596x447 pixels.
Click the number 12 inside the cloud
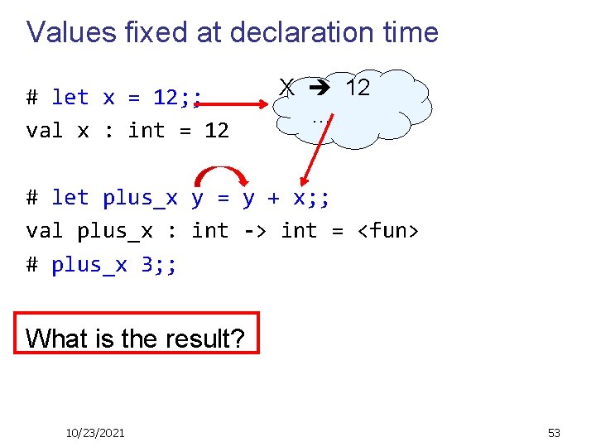[357, 87]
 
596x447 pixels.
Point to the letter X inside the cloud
[286, 87]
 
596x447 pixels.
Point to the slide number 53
[554, 432]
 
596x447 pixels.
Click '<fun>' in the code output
[387, 231]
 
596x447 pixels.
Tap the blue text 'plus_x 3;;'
[113, 265]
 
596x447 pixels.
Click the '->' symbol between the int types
[254, 231]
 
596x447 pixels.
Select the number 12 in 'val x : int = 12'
[216, 131]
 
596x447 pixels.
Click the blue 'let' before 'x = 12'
[70, 98]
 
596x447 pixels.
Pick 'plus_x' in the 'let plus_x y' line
[140, 198]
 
